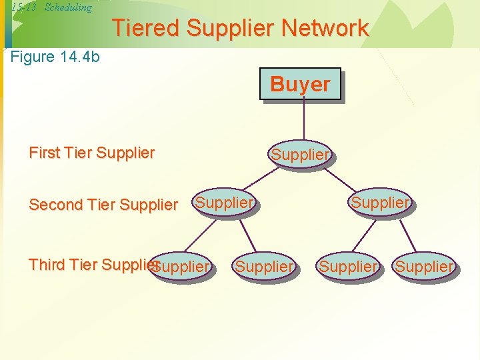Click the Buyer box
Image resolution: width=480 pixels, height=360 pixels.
(x=300, y=84)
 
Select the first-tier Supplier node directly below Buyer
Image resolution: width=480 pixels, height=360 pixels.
(x=300, y=155)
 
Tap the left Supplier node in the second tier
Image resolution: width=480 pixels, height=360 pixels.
(x=225, y=202)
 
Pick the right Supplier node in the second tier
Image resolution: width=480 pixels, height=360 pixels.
(x=380, y=202)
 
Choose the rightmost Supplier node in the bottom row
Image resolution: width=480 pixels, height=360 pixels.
(x=424, y=267)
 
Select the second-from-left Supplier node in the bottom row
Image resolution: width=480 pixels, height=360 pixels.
(x=264, y=267)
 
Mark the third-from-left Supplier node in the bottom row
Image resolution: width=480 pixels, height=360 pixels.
(x=348, y=267)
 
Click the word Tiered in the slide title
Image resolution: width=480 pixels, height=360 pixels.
(x=146, y=28)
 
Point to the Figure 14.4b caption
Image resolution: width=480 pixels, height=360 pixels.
(x=55, y=57)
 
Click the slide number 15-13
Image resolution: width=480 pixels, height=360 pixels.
(x=24, y=7)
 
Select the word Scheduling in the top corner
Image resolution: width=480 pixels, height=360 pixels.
(x=68, y=7)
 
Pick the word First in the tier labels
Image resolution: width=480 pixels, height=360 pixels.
(x=44, y=153)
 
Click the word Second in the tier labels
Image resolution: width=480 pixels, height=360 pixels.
(x=56, y=205)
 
